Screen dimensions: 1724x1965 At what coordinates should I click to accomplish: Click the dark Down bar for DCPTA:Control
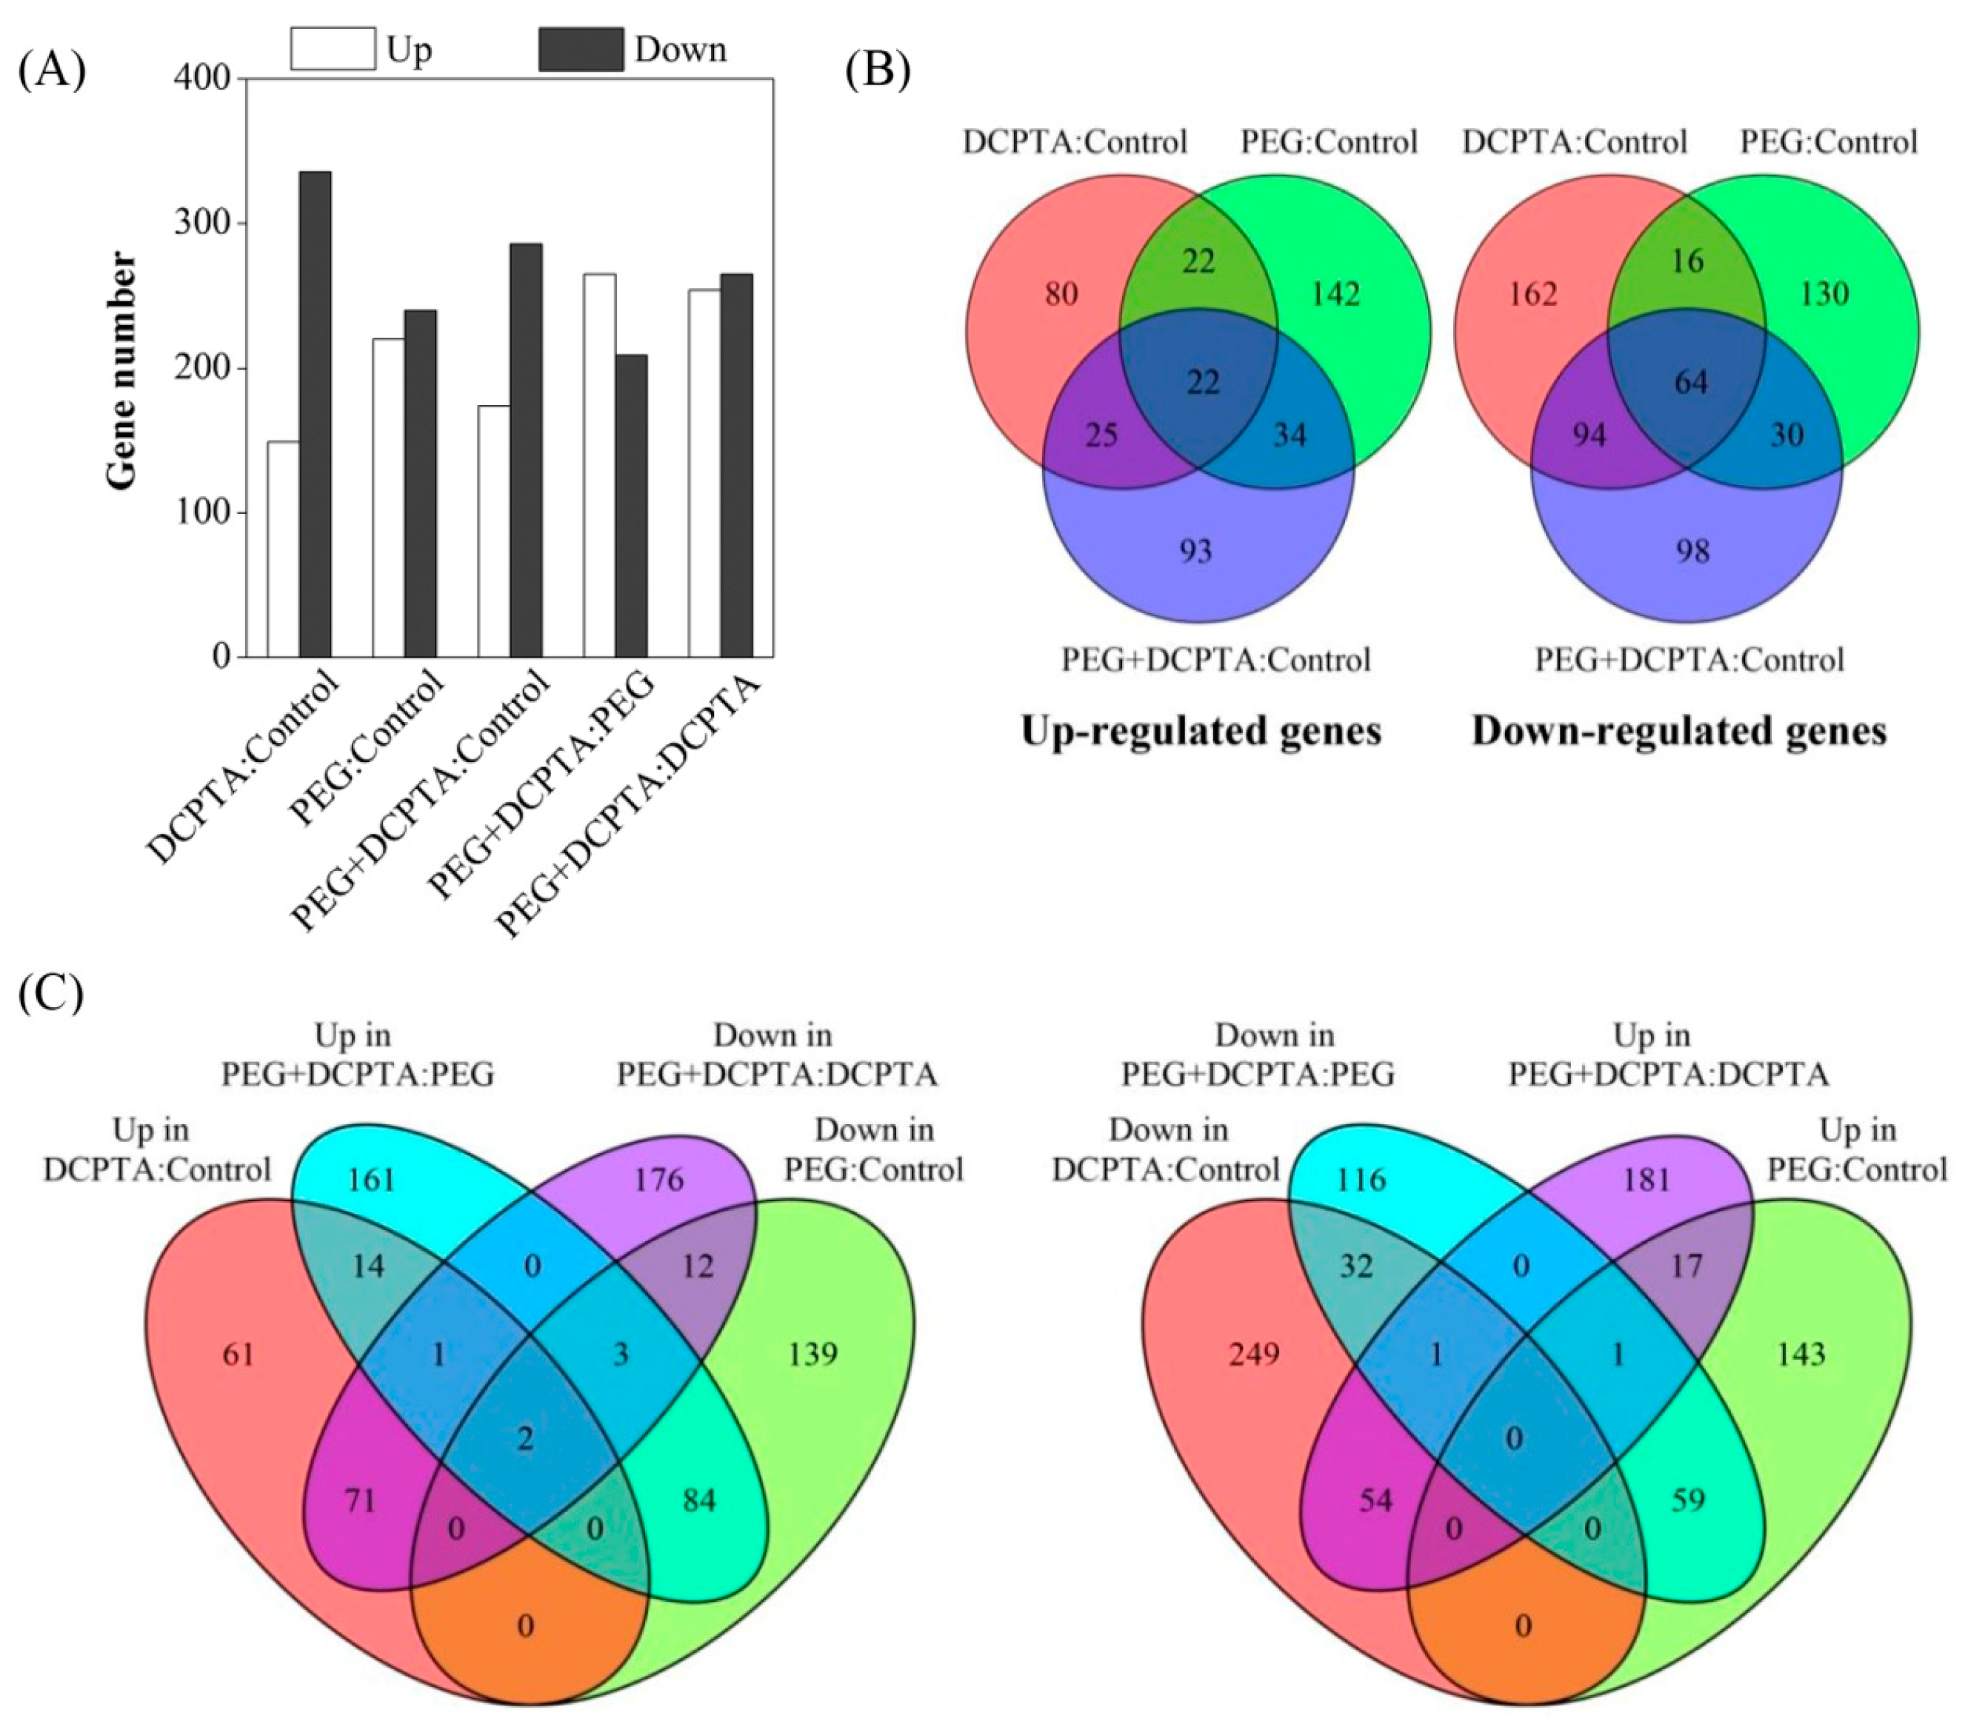point(316,414)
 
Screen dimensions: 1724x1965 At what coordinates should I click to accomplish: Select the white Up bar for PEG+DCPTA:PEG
point(600,465)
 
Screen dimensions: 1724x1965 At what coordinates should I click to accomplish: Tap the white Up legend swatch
point(333,49)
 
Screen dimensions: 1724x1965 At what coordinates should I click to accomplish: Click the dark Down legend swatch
point(580,49)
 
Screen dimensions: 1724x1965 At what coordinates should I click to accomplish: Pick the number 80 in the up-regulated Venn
point(1061,293)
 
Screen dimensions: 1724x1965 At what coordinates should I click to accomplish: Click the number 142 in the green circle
point(1336,293)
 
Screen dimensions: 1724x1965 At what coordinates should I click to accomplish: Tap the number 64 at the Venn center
point(1691,382)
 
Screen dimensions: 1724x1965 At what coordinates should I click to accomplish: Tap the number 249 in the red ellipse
point(1255,1354)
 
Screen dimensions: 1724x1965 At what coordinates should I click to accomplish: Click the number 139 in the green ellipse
point(813,1354)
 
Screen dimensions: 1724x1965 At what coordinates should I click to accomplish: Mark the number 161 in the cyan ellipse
point(372,1179)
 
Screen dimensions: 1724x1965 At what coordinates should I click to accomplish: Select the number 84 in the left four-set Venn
point(699,1500)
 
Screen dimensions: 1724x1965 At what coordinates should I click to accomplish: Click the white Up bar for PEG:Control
point(388,498)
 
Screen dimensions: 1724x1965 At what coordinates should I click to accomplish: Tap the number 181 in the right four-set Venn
point(1647,1179)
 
